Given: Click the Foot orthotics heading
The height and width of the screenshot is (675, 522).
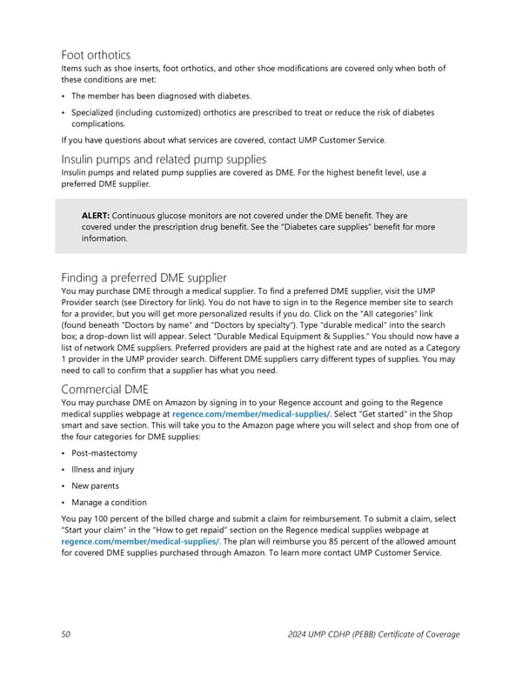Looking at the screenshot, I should (96, 54).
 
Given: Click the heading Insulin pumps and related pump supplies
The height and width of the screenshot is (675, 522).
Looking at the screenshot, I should (164, 158).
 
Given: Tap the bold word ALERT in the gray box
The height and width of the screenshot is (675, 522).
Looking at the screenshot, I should (95, 215).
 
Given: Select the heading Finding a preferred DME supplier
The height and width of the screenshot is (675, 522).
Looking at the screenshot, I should (144, 277).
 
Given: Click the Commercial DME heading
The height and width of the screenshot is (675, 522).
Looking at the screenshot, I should (106, 390).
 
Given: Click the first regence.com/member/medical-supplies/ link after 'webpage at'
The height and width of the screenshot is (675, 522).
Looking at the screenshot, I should (251, 415).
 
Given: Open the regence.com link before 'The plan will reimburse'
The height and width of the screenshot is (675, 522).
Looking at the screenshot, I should (139, 541).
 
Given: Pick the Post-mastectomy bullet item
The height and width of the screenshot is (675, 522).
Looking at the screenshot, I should (104, 453).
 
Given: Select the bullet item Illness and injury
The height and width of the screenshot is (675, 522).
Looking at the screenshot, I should (103, 470).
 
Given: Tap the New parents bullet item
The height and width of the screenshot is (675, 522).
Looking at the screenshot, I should (95, 486).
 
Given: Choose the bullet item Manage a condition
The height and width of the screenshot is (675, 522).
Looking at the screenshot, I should (109, 503).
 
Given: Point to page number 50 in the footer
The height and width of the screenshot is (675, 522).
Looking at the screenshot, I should (66, 634).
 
